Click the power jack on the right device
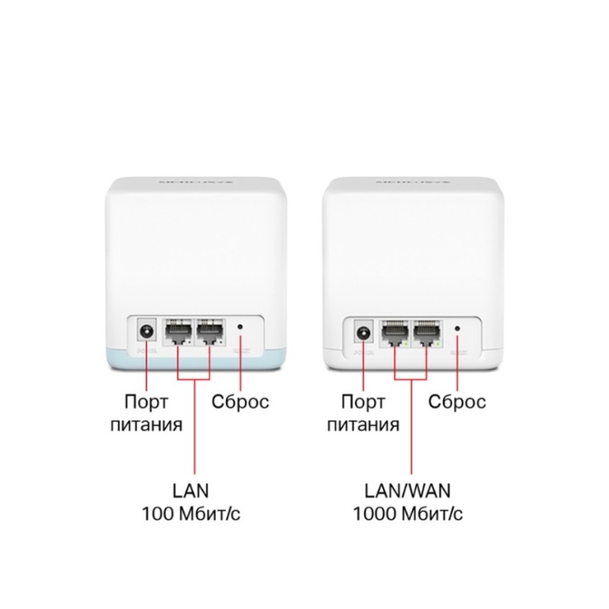(363, 333)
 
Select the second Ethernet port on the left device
(210, 332)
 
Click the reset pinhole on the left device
(241, 328)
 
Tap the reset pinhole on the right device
(457, 328)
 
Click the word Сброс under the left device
(241, 401)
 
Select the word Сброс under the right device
(457, 401)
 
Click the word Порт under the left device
(146, 401)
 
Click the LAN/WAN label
(407, 489)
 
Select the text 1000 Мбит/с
(407, 514)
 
